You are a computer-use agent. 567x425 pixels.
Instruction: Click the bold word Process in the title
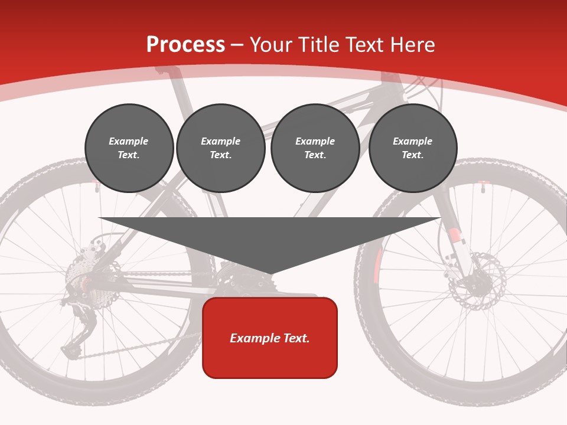coord(185,45)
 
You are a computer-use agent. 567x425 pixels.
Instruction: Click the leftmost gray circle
coord(129,148)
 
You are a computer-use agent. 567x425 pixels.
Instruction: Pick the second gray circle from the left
coord(220,148)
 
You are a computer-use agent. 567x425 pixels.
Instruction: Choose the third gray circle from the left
coord(315,148)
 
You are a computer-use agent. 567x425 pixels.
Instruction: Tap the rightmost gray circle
coord(412,148)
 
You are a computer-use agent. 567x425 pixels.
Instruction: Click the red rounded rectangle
coord(270,338)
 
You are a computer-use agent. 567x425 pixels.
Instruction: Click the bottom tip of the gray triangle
coord(270,274)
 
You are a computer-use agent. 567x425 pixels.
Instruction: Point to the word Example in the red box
coord(248,338)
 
